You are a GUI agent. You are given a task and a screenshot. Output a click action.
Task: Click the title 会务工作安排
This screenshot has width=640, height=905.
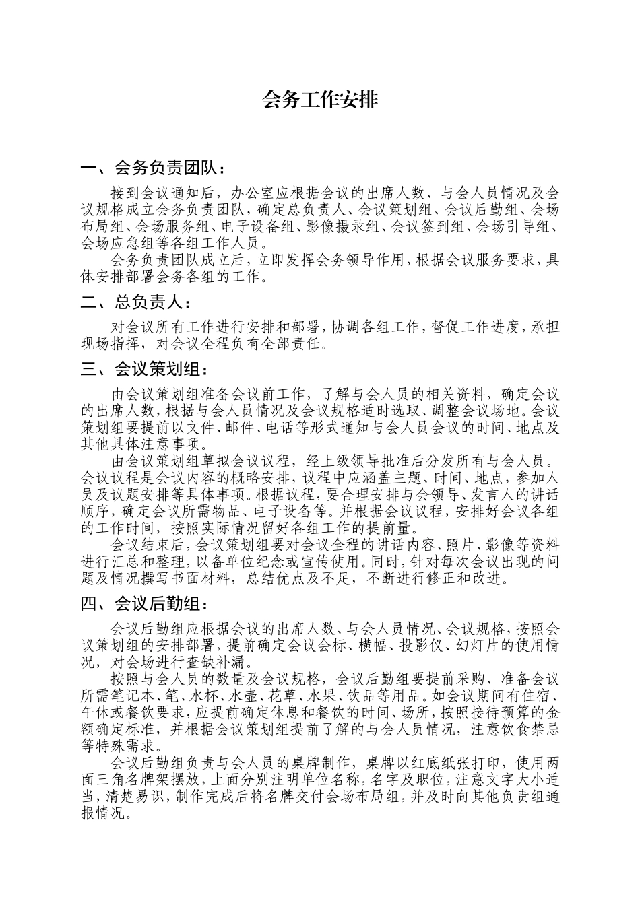tap(319, 100)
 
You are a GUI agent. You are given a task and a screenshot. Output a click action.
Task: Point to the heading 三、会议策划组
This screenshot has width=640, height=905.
tap(144, 369)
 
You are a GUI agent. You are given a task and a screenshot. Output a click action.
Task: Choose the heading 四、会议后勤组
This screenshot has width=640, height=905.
tap(144, 604)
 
